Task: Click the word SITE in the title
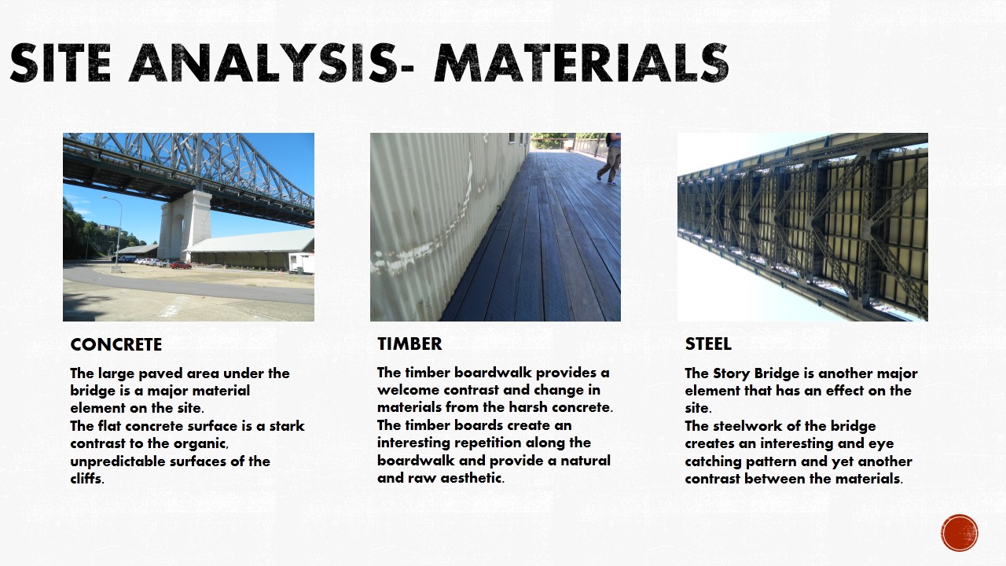[x=61, y=63]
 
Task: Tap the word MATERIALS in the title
[x=581, y=63]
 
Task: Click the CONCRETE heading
[x=116, y=344]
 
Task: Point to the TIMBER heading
[x=409, y=344]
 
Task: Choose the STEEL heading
[x=708, y=344]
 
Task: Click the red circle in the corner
[x=960, y=533]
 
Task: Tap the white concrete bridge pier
[x=184, y=225]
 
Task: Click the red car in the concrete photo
[x=181, y=265]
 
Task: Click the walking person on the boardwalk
[x=611, y=158]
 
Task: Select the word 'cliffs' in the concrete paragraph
[x=87, y=479]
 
